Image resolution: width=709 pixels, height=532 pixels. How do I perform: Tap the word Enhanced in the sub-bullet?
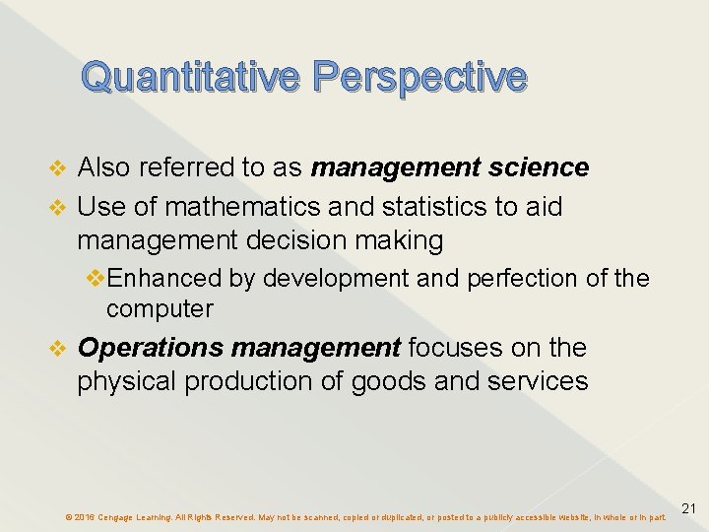(x=167, y=279)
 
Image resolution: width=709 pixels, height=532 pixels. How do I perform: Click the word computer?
(x=160, y=309)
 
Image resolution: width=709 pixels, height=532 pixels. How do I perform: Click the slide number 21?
(x=689, y=508)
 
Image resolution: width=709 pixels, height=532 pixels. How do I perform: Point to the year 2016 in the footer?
(x=84, y=516)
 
